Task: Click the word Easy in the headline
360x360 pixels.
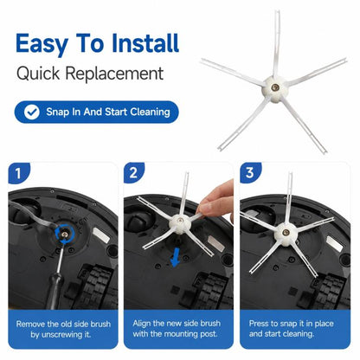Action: (x=42, y=43)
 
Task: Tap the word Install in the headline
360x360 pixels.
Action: (x=145, y=43)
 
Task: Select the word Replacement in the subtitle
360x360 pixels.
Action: (x=114, y=74)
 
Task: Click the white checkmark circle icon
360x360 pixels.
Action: (x=32, y=112)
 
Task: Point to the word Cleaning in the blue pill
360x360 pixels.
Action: (x=150, y=112)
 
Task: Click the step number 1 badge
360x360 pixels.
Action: (x=19, y=173)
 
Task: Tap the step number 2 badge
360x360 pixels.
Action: (x=134, y=172)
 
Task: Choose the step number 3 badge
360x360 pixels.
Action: (x=250, y=172)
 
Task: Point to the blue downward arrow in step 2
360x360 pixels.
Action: (x=175, y=259)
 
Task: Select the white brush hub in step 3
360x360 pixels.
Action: (x=286, y=233)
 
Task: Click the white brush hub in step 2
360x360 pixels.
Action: (x=181, y=223)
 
